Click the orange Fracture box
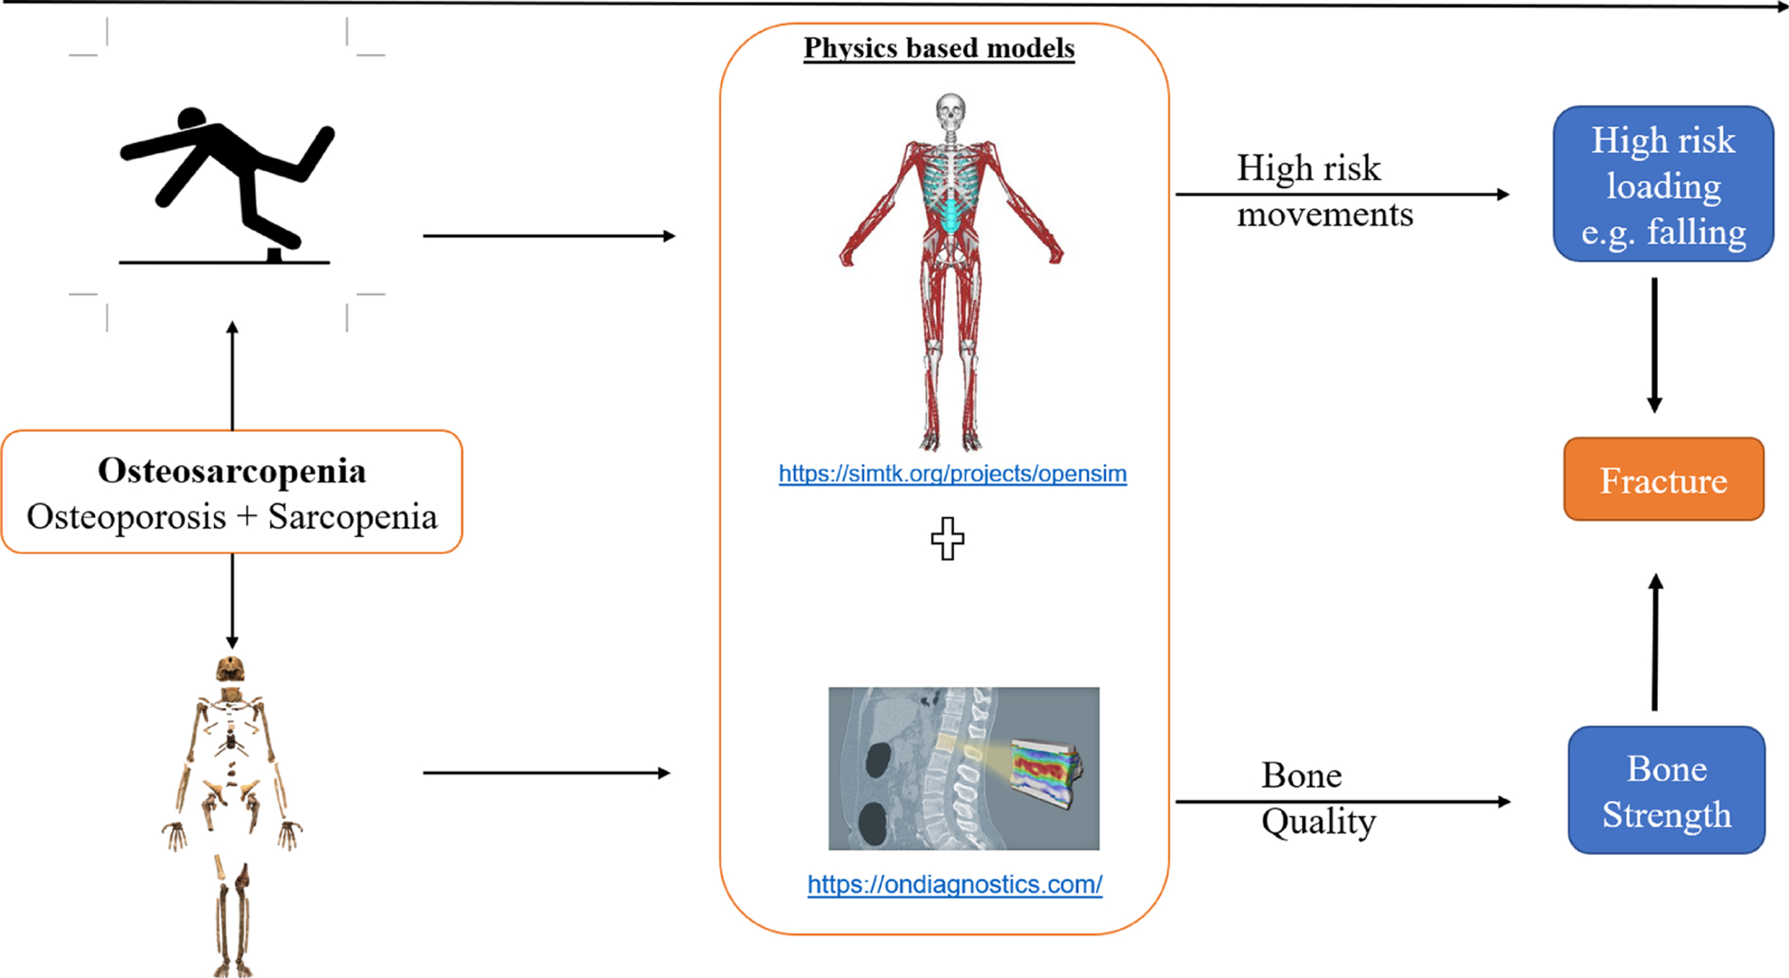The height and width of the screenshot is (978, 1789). coord(1663,479)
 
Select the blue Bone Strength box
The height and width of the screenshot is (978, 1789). coord(1666,790)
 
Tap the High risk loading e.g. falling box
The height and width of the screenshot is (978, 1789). coord(1663,184)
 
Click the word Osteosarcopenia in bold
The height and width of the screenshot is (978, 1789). coord(231,471)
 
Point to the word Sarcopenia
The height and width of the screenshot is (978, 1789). coord(353,517)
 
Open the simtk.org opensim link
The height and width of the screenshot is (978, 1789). coord(952,473)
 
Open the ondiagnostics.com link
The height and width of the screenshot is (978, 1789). coord(955,884)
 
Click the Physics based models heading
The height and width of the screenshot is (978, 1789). coord(939,48)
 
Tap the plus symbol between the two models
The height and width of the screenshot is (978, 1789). coord(947,539)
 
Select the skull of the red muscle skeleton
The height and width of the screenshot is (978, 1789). coord(951,110)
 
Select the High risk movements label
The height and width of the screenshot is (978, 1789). coord(1324,191)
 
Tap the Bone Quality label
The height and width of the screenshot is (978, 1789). coord(1317,798)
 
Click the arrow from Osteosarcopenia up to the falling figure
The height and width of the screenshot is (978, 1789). coord(232,376)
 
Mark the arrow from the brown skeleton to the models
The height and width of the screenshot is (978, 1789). coord(546,773)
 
